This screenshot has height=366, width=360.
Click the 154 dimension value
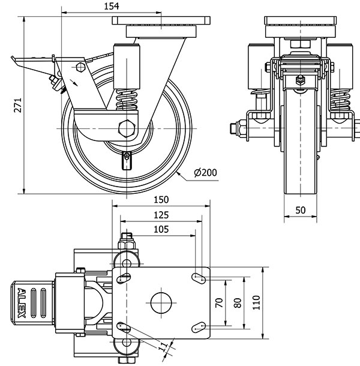(x=112, y=6)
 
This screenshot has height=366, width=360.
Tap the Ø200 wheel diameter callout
(x=205, y=173)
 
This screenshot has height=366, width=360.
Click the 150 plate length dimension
(x=161, y=200)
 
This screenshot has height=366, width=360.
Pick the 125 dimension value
(x=161, y=214)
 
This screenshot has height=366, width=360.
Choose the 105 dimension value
(x=161, y=229)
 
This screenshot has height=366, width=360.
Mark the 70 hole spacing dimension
(x=220, y=302)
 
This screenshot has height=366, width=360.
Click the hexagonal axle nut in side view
(x=127, y=129)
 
